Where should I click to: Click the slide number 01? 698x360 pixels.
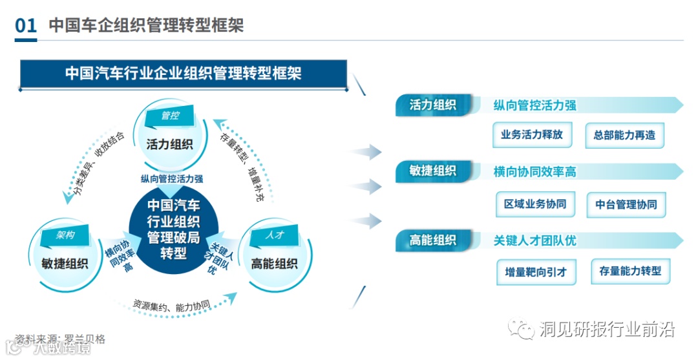[26, 26]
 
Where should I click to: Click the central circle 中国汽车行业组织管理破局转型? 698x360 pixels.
[174, 229]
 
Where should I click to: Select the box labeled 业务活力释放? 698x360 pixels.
[532, 135]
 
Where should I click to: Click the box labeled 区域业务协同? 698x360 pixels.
[534, 204]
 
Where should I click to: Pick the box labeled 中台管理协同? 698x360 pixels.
[626, 205]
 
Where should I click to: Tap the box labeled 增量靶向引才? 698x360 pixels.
[535, 272]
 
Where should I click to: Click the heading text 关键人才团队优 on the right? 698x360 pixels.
[534, 240]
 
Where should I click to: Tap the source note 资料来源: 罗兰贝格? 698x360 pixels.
[60, 339]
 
